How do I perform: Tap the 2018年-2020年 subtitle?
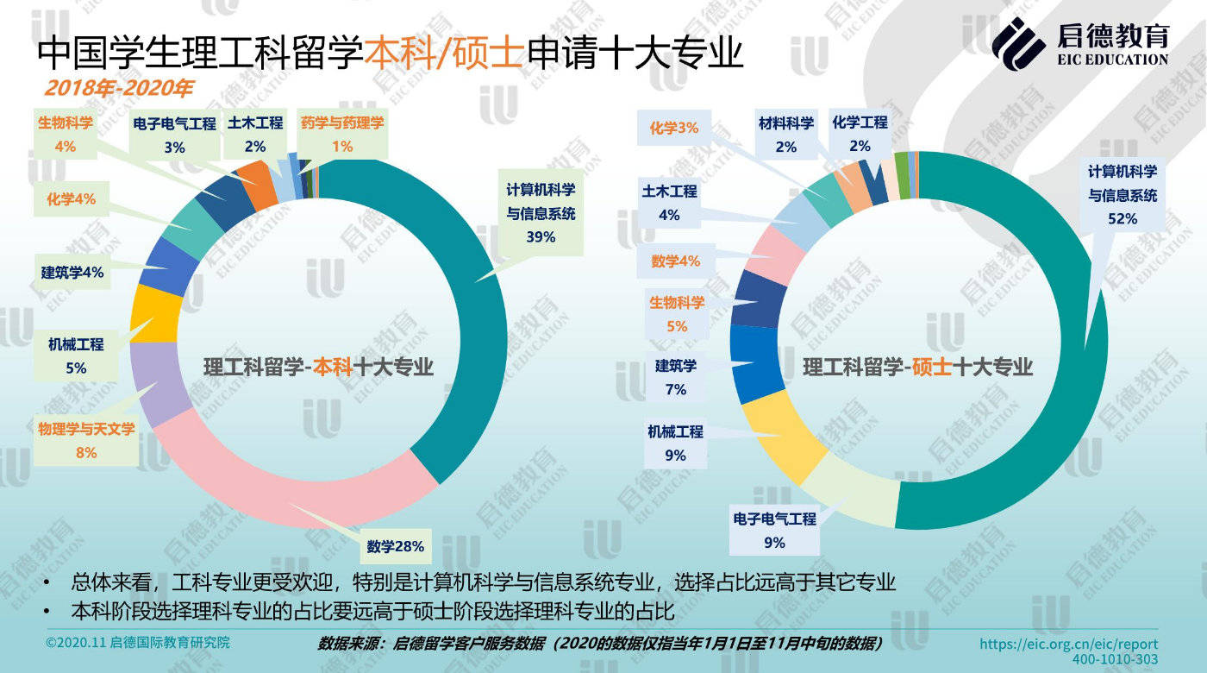[119, 88]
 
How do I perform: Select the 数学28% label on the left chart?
[395, 546]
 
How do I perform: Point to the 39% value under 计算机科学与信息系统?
[541, 236]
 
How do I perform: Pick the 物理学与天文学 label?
[86, 429]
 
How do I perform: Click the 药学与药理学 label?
[342, 123]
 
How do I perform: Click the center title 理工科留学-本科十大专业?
[318, 367]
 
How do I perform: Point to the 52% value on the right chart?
[1123, 219]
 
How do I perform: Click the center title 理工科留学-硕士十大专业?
[917, 367]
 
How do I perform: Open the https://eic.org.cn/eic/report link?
[1069, 644]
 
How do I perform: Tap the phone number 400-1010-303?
[1115, 660]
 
